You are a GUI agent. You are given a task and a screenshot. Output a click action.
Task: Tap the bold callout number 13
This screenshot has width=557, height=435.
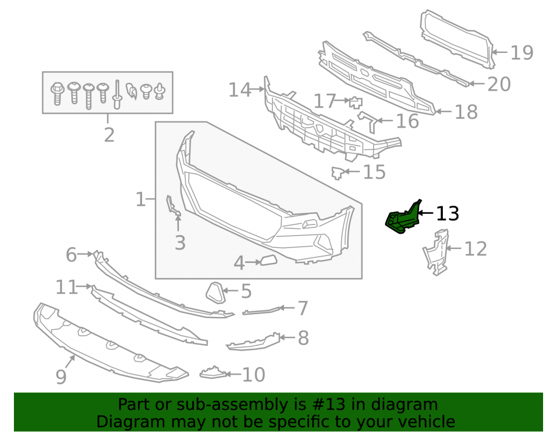(x=447, y=213)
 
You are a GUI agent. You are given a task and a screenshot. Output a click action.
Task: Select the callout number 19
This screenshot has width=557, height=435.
(x=521, y=52)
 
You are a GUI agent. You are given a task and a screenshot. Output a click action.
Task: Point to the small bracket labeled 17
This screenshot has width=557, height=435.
(x=355, y=102)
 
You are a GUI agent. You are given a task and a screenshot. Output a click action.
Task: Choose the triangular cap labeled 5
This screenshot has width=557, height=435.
(x=216, y=293)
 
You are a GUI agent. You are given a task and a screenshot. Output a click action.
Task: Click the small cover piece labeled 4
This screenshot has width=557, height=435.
(x=269, y=260)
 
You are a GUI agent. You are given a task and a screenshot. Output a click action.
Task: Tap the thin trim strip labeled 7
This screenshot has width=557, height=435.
(x=262, y=311)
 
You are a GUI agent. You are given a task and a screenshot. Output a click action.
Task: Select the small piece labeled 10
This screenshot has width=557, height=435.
(x=213, y=373)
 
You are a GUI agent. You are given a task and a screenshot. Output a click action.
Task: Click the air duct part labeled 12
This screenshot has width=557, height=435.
(x=436, y=252)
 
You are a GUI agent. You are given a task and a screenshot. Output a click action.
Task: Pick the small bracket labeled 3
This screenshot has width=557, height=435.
(x=173, y=206)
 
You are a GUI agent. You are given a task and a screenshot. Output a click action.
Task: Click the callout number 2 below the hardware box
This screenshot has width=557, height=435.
(x=109, y=135)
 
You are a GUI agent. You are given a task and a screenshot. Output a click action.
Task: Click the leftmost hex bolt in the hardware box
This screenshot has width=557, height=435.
(x=57, y=94)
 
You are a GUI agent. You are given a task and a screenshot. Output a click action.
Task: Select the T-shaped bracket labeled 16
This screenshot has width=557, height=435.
(x=368, y=121)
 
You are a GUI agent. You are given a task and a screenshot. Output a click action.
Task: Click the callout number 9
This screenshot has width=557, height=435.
(x=61, y=376)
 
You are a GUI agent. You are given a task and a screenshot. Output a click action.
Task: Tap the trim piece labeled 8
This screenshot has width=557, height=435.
(x=253, y=341)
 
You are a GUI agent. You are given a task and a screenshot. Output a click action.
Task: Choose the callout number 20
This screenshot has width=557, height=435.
(x=499, y=84)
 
